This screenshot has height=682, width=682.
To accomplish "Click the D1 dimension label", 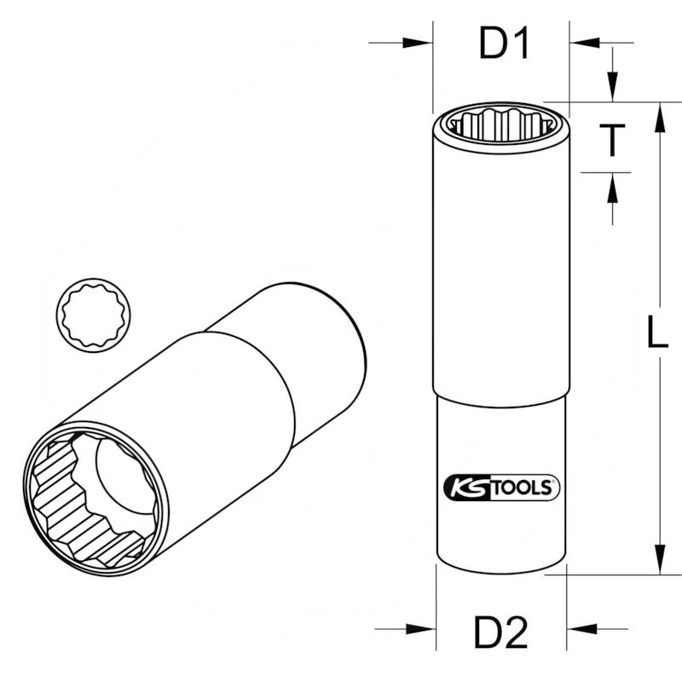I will click(x=505, y=44).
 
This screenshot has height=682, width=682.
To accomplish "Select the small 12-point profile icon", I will click(x=90, y=312).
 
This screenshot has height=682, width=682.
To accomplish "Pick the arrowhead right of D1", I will click(x=584, y=43).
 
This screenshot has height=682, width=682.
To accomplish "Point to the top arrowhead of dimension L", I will click(x=657, y=114).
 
